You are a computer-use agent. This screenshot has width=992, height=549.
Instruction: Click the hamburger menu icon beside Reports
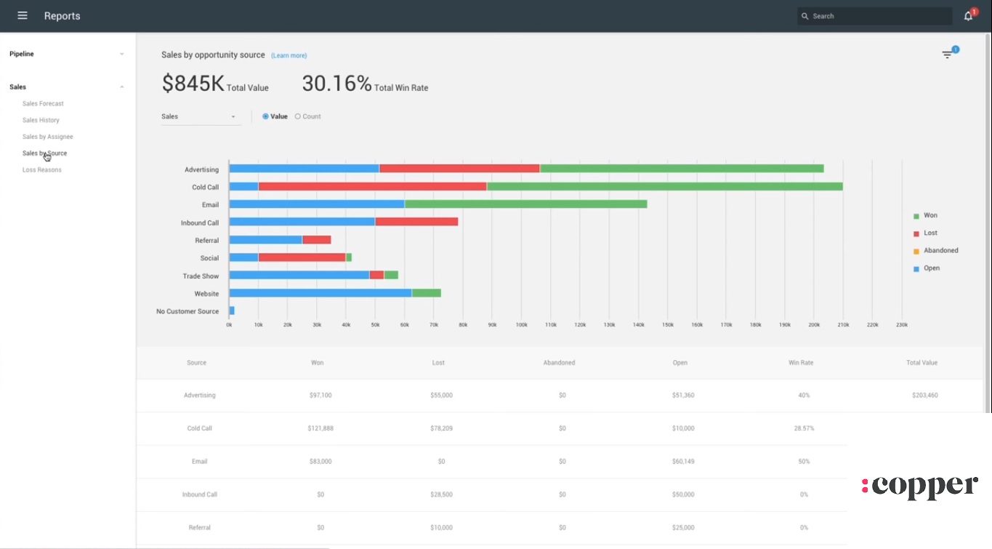[x=23, y=16]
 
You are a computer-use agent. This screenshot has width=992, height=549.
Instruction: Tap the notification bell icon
[x=968, y=16]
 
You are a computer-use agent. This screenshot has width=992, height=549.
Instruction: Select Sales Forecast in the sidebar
[x=43, y=104]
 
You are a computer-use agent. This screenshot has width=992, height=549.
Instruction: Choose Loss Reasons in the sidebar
[x=42, y=170]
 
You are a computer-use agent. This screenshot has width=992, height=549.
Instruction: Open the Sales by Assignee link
[x=48, y=137]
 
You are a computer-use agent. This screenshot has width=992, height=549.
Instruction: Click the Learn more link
[x=289, y=56]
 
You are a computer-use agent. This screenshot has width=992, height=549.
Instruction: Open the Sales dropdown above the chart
[x=200, y=116]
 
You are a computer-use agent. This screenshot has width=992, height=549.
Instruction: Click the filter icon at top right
[x=947, y=55]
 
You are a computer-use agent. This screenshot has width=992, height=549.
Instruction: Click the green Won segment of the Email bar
[x=525, y=204]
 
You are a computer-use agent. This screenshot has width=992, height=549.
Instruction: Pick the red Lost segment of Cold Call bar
[x=372, y=187]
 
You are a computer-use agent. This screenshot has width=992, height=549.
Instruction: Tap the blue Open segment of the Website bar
[x=320, y=293]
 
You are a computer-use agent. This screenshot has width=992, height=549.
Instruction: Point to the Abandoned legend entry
[x=940, y=251]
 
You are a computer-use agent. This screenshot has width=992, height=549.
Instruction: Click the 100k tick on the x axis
[x=521, y=325]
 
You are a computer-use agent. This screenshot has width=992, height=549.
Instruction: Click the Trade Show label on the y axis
[x=201, y=276]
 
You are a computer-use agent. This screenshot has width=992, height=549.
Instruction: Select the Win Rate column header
[x=801, y=363]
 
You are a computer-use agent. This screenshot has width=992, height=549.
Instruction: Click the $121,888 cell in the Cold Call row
[x=320, y=428]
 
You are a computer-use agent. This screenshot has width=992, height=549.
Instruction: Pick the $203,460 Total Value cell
[x=924, y=396]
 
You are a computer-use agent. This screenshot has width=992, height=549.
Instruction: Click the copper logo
[x=920, y=486]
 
